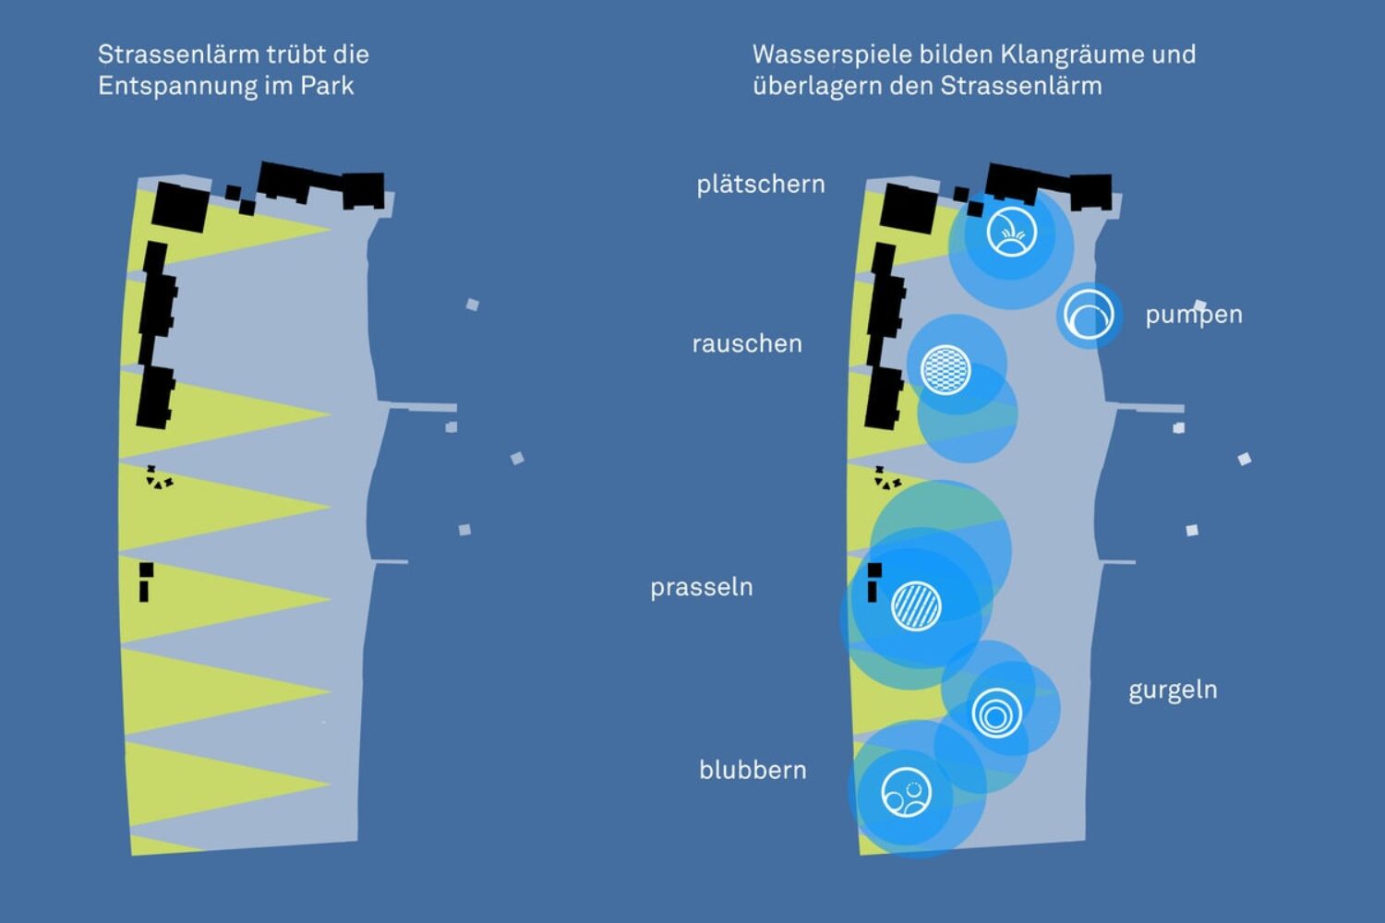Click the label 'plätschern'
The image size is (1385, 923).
pos(760,185)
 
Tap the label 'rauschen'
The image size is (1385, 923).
pos(747,343)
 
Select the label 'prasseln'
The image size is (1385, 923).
pos(701,587)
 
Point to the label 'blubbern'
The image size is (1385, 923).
pos(753,770)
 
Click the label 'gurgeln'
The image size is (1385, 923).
pos(1173,690)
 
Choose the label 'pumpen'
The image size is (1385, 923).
pos(1193,315)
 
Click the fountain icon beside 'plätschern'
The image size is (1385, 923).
pos(1011,232)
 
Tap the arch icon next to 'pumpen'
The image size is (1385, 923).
pos(1090,315)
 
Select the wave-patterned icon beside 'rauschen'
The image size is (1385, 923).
pos(946,368)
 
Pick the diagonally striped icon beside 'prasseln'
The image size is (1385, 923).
pos(916,605)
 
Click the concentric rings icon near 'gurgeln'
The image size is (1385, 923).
pos(997,713)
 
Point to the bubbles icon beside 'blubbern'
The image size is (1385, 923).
pos(906,794)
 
